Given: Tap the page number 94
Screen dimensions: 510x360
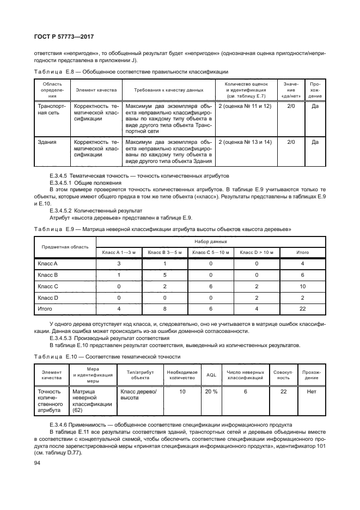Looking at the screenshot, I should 38,463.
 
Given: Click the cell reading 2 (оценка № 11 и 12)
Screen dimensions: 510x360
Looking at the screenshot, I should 245,105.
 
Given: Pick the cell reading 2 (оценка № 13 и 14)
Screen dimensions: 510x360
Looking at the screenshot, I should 245,142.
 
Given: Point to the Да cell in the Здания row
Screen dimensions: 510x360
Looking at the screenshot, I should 315,142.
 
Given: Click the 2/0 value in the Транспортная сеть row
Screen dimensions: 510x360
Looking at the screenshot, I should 290,105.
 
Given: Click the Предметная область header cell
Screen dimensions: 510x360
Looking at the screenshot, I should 65,246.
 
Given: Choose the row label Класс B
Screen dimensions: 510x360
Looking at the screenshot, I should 48,275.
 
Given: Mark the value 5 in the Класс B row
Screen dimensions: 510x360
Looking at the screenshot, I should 164,275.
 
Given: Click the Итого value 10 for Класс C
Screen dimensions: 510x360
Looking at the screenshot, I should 303,286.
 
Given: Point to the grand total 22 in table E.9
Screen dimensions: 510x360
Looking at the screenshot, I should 303,309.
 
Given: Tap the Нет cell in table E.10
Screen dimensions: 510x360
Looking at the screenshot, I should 312,391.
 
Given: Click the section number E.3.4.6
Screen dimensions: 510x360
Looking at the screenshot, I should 60,424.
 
